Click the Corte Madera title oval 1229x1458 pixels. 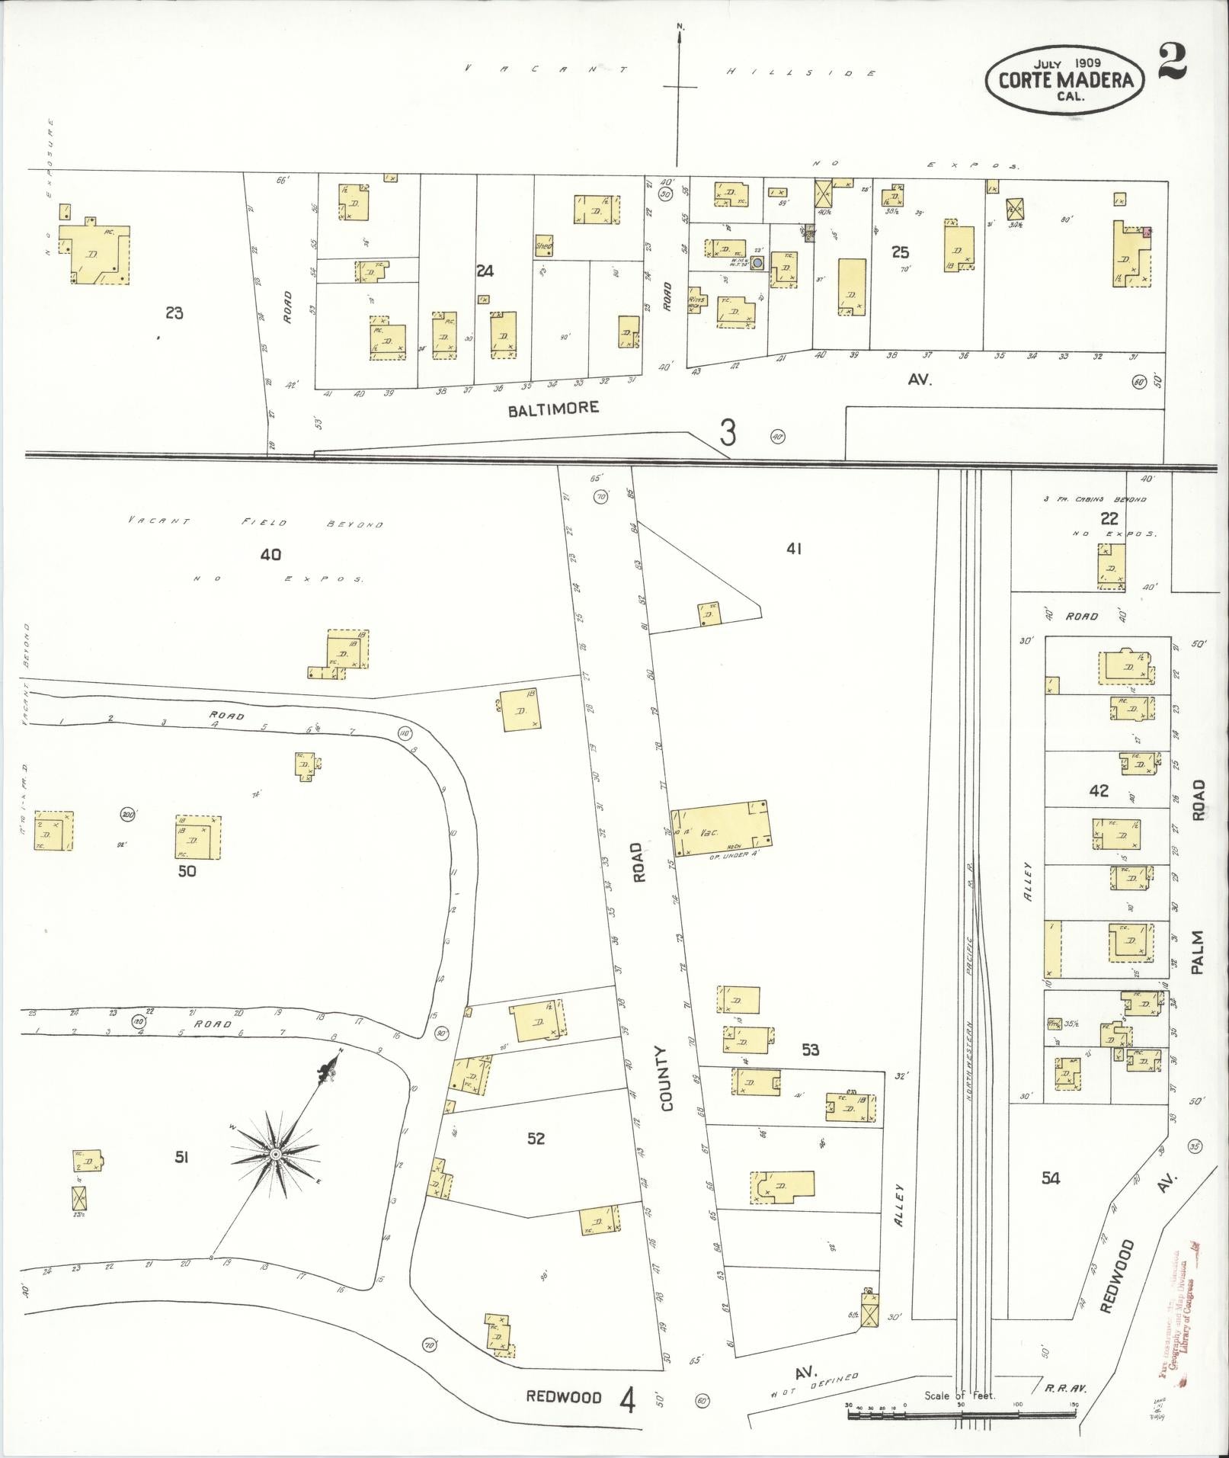1064,79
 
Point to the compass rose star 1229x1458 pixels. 275,1155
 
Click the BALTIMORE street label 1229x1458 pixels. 553,409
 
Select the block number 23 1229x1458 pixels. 174,312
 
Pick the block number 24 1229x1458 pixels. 485,270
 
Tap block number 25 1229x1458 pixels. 901,252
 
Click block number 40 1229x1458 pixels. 270,554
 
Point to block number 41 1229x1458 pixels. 794,548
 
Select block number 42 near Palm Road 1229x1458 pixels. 1099,791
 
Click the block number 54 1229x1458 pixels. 1051,1178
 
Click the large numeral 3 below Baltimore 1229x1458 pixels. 728,434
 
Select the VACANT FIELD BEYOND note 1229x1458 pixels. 255,523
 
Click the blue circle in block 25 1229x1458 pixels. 757,263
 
